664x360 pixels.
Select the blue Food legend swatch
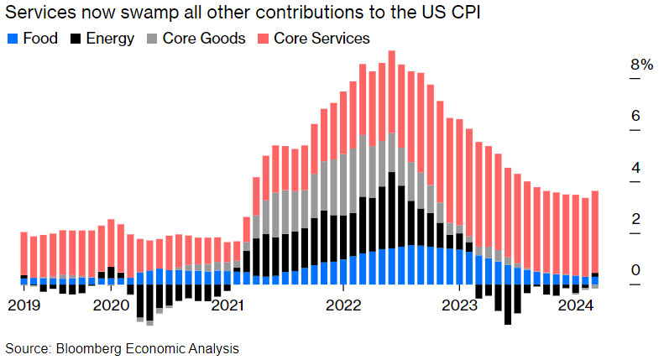tap(12, 39)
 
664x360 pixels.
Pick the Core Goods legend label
tap(204, 39)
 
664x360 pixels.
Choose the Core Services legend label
tap(322, 39)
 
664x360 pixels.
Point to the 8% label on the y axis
tap(641, 65)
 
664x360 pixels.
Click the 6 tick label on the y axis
tap(635, 116)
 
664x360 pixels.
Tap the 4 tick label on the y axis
tap(635, 167)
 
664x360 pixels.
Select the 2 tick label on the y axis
tap(635, 219)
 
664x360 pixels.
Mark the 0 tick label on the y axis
tap(635, 270)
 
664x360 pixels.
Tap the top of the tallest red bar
tap(391, 52)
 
